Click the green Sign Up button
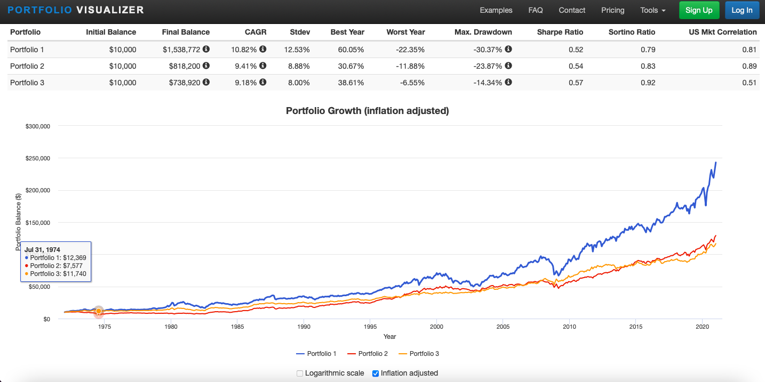tap(699, 10)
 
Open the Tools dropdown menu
tap(653, 10)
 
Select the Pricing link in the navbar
tap(612, 10)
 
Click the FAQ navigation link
tap(536, 10)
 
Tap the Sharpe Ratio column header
tap(560, 32)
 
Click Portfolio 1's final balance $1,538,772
tap(181, 50)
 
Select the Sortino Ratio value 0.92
tap(648, 83)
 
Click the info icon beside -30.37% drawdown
tap(508, 50)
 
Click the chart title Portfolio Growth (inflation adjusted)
tap(368, 111)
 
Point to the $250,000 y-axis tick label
tap(37, 158)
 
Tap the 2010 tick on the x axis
tap(569, 327)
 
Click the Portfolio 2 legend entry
tap(368, 354)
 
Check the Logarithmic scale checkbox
tap(300, 373)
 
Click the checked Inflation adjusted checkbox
tap(376, 373)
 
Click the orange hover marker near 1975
tap(99, 311)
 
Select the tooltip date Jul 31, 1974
tap(42, 249)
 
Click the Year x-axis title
tap(389, 337)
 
